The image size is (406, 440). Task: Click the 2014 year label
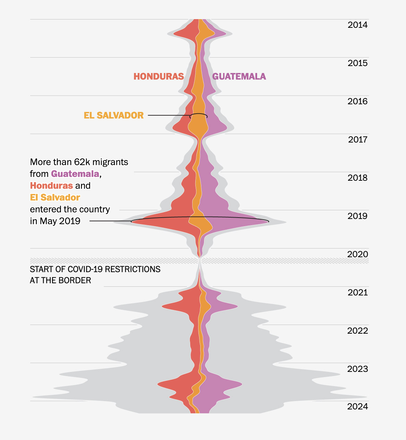pyautogui.click(x=357, y=25)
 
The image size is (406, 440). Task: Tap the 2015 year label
pyautogui.click(x=357, y=63)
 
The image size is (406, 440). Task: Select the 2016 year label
pyautogui.click(x=357, y=101)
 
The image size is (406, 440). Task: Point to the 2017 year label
pyautogui.click(x=357, y=140)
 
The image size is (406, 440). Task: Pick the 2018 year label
pyautogui.click(x=357, y=178)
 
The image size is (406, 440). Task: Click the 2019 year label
pyautogui.click(x=357, y=216)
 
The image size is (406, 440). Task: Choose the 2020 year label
pyautogui.click(x=357, y=254)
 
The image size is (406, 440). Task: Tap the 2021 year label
pyautogui.click(x=357, y=293)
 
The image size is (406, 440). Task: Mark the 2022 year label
pyautogui.click(x=357, y=331)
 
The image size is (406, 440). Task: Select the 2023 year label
pyautogui.click(x=357, y=369)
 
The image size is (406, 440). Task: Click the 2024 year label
pyautogui.click(x=357, y=407)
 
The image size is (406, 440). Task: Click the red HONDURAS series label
pyautogui.click(x=159, y=76)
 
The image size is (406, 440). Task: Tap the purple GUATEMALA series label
pyautogui.click(x=239, y=76)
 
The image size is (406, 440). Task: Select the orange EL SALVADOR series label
pyautogui.click(x=114, y=115)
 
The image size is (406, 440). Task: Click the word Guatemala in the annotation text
pyautogui.click(x=75, y=174)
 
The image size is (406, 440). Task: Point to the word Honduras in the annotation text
pyautogui.click(x=51, y=186)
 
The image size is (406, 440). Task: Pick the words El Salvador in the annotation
pyautogui.click(x=55, y=197)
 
